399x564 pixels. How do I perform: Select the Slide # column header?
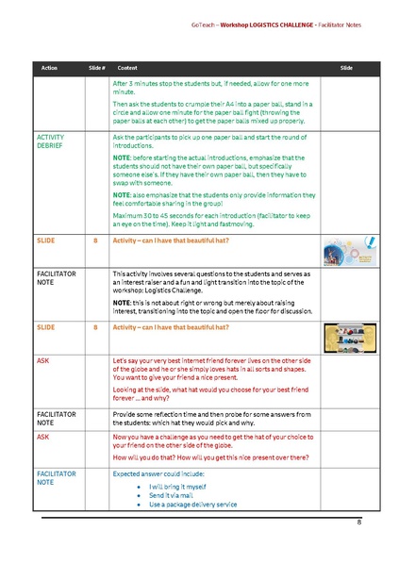click(96, 69)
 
